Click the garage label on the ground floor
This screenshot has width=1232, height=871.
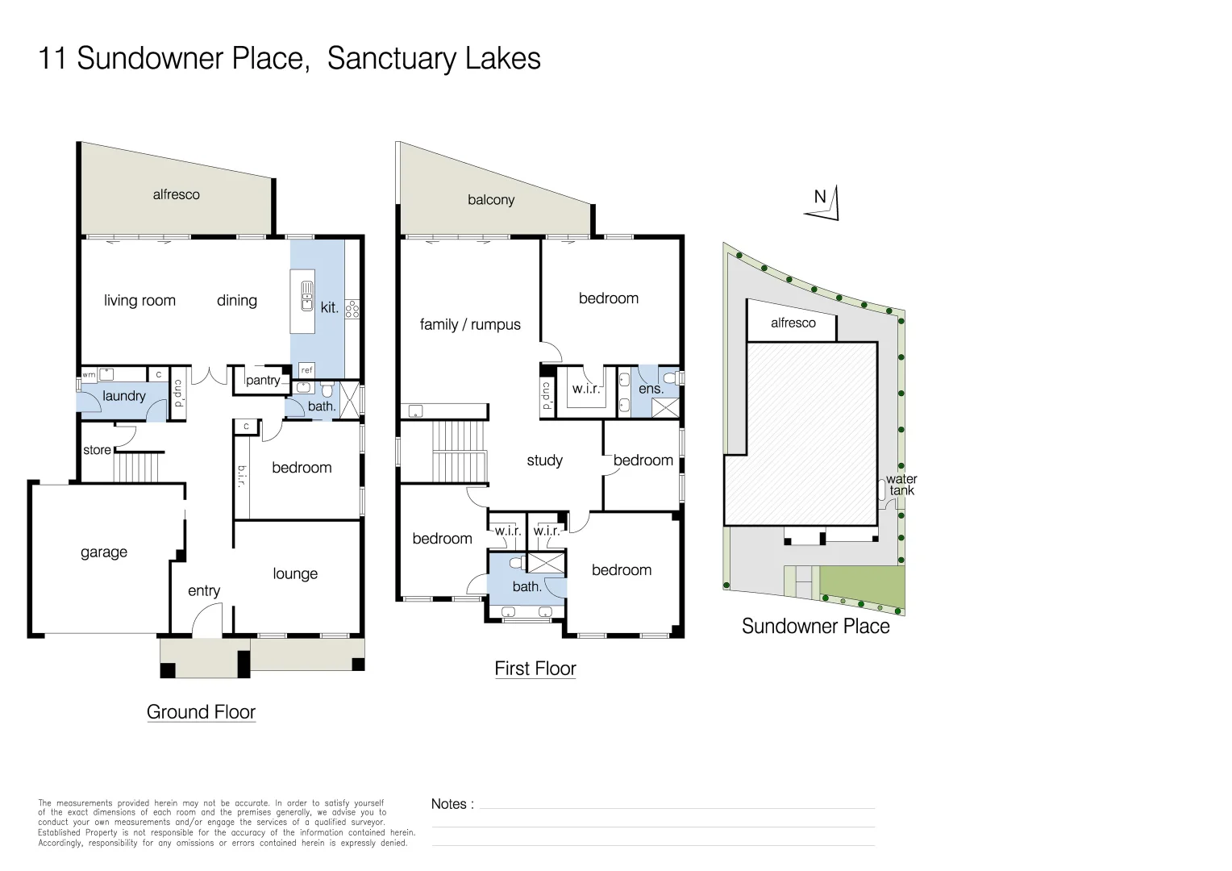click(x=104, y=552)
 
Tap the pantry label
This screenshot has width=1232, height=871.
click(x=263, y=380)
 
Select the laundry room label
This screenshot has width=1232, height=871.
click(x=123, y=396)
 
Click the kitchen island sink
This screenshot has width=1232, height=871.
click(x=307, y=295)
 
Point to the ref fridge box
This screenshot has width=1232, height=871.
click(x=307, y=370)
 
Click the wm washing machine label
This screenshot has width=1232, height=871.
click(x=89, y=375)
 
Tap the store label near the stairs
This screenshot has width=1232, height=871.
click(x=97, y=450)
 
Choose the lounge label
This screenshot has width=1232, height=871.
click(x=295, y=574)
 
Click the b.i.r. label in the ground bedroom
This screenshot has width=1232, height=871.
click(x=241, y=476)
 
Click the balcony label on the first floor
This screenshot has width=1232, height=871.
click(x=491, y=200)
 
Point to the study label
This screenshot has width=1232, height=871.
click(x=544, y=461)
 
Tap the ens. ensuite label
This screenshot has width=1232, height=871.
click(x=651, y=389)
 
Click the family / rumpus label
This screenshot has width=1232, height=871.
click(x=470, y=325)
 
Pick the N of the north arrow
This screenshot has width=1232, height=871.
click(x=820, y=197)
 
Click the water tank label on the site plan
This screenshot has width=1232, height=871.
click(x=901, y=485)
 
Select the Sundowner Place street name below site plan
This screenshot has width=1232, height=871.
click(x=816, y=626)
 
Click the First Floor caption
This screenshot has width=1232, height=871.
click(x=535, y=669)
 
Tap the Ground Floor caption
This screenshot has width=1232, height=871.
click(x=202, y=712)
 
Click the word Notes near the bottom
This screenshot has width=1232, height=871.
click(x=449, y=804)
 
